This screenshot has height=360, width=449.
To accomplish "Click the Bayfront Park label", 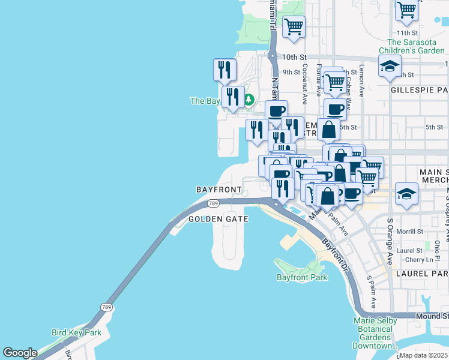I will [x=302, y=277].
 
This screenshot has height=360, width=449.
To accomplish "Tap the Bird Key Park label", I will [x=76, y=332].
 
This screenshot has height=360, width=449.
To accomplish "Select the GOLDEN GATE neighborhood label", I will [x=218, y=220].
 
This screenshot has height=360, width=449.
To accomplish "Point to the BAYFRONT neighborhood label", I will [x=218, y=189].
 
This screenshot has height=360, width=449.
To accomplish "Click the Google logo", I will [x=20, y=353].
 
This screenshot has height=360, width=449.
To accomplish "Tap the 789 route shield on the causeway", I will [x=107, y=307].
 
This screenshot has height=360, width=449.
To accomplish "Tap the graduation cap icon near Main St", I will [x=407, y=193].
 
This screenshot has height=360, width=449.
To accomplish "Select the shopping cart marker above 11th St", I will [x=406, y=10].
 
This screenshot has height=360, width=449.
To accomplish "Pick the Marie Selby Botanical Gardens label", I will [x=376, y=333].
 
